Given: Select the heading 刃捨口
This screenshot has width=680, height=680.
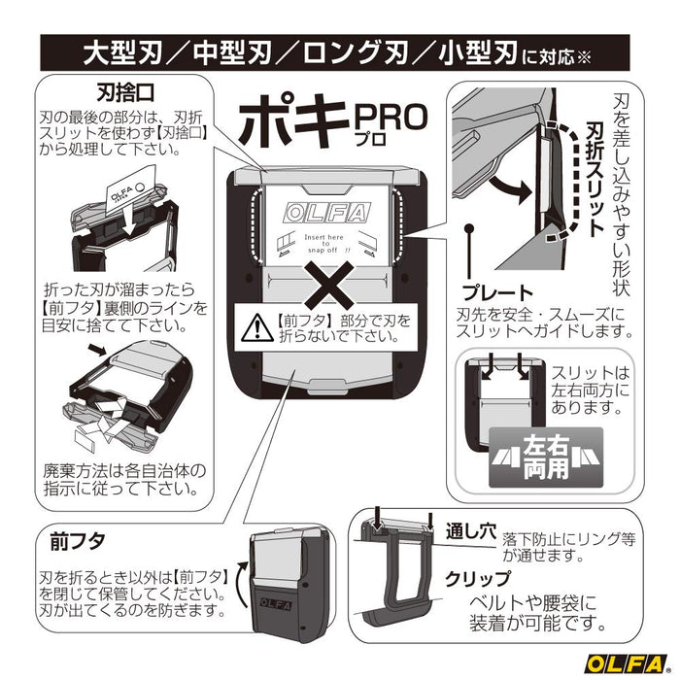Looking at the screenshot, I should click(122, 93).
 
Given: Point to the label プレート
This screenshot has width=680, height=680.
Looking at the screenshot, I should click(499, 291).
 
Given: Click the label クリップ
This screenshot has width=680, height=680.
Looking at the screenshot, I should click(478, 578).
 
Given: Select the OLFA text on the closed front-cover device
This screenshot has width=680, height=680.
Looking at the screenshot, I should click(284, 603).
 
